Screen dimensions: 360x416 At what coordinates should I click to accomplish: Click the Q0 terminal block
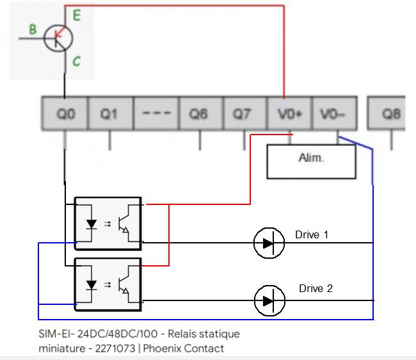click(x=65, y=114)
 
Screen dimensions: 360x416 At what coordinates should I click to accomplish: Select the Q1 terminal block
click(x=109, y=114)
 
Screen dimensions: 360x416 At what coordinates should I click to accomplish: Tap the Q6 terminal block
click(x=200, y=114)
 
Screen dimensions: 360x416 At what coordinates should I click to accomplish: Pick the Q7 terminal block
click(x=243, y=114)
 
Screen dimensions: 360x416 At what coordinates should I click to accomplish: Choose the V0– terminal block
click(x=333, y=114)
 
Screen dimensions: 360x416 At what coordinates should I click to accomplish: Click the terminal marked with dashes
click(x=154, y=114)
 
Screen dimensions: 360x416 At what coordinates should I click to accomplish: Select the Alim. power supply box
click(x=311, y=161)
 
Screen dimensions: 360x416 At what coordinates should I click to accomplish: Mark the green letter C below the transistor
click(x=76, y=61)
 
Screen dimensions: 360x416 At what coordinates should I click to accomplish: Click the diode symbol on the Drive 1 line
click(x=269, y=243)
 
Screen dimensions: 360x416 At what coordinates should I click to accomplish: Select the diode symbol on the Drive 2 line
click(x=269, y=300)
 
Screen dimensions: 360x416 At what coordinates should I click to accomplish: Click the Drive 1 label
click(x=312, y=234)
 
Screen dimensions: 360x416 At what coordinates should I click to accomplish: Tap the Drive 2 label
click(x=316, y=288)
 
